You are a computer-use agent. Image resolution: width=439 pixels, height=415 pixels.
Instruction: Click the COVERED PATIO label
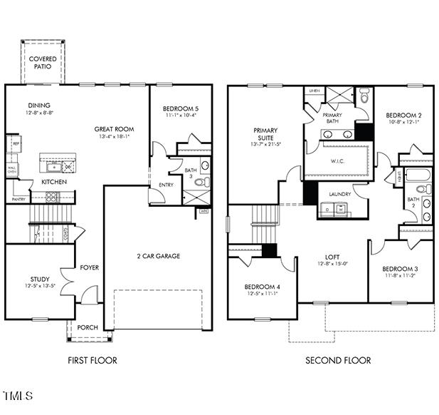[44, 62]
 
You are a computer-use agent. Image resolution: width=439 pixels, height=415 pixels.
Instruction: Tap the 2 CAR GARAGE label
[158, 256]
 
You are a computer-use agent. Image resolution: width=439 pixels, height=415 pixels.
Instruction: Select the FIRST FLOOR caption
[92, 360]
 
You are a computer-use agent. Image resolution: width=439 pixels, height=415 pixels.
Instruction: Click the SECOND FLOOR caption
[338, 360]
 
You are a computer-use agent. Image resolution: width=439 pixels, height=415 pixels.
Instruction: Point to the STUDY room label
[40, 279]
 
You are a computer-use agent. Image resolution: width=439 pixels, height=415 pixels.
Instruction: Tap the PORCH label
[88, 328]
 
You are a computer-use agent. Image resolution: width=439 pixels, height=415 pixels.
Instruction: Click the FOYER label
[90, 267]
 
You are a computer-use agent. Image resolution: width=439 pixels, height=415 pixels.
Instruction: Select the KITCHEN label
[54, 182]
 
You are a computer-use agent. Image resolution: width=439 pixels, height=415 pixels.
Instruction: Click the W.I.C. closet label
[338, 160]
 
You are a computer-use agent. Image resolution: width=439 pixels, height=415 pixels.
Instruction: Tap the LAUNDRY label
[340, 194]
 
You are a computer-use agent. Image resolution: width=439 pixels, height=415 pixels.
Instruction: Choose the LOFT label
[332, 257]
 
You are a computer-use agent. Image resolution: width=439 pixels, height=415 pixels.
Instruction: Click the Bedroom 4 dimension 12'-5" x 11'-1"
[263, 293]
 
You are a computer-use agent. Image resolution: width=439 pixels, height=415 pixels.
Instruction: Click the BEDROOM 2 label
[403, 115]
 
